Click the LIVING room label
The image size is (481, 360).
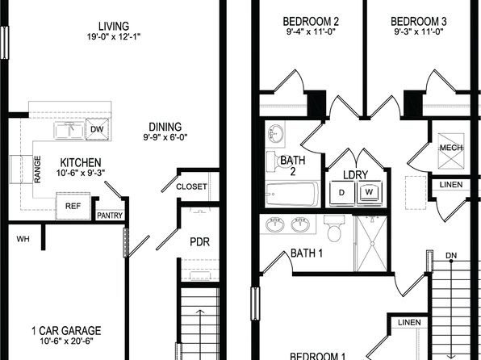point(114,26)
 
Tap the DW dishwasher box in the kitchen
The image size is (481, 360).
point(97,129)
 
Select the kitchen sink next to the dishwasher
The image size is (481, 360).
point(69,131)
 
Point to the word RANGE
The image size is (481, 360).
point(37,170)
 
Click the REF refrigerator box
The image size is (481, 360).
point(73,206)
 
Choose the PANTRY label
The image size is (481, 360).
point(110,216)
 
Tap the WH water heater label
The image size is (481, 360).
point(23,239)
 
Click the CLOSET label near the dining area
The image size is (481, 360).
point(191,186)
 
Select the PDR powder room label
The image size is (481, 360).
point(199,242)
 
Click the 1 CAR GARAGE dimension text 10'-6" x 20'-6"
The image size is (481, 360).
point(66,341)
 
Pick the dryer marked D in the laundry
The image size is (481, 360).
point(342,192)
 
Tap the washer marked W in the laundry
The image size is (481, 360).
point(370,192)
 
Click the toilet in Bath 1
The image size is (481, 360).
point(334,228)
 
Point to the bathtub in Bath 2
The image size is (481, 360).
point(292,195)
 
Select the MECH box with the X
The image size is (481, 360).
point(451,151)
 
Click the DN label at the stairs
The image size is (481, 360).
point(451,255)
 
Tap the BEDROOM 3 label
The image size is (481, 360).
point(418,22)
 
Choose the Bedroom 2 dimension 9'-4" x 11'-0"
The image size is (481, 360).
point(311,31)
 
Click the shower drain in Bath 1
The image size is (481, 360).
point(373,244)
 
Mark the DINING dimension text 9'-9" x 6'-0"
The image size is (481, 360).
point(165,137)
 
